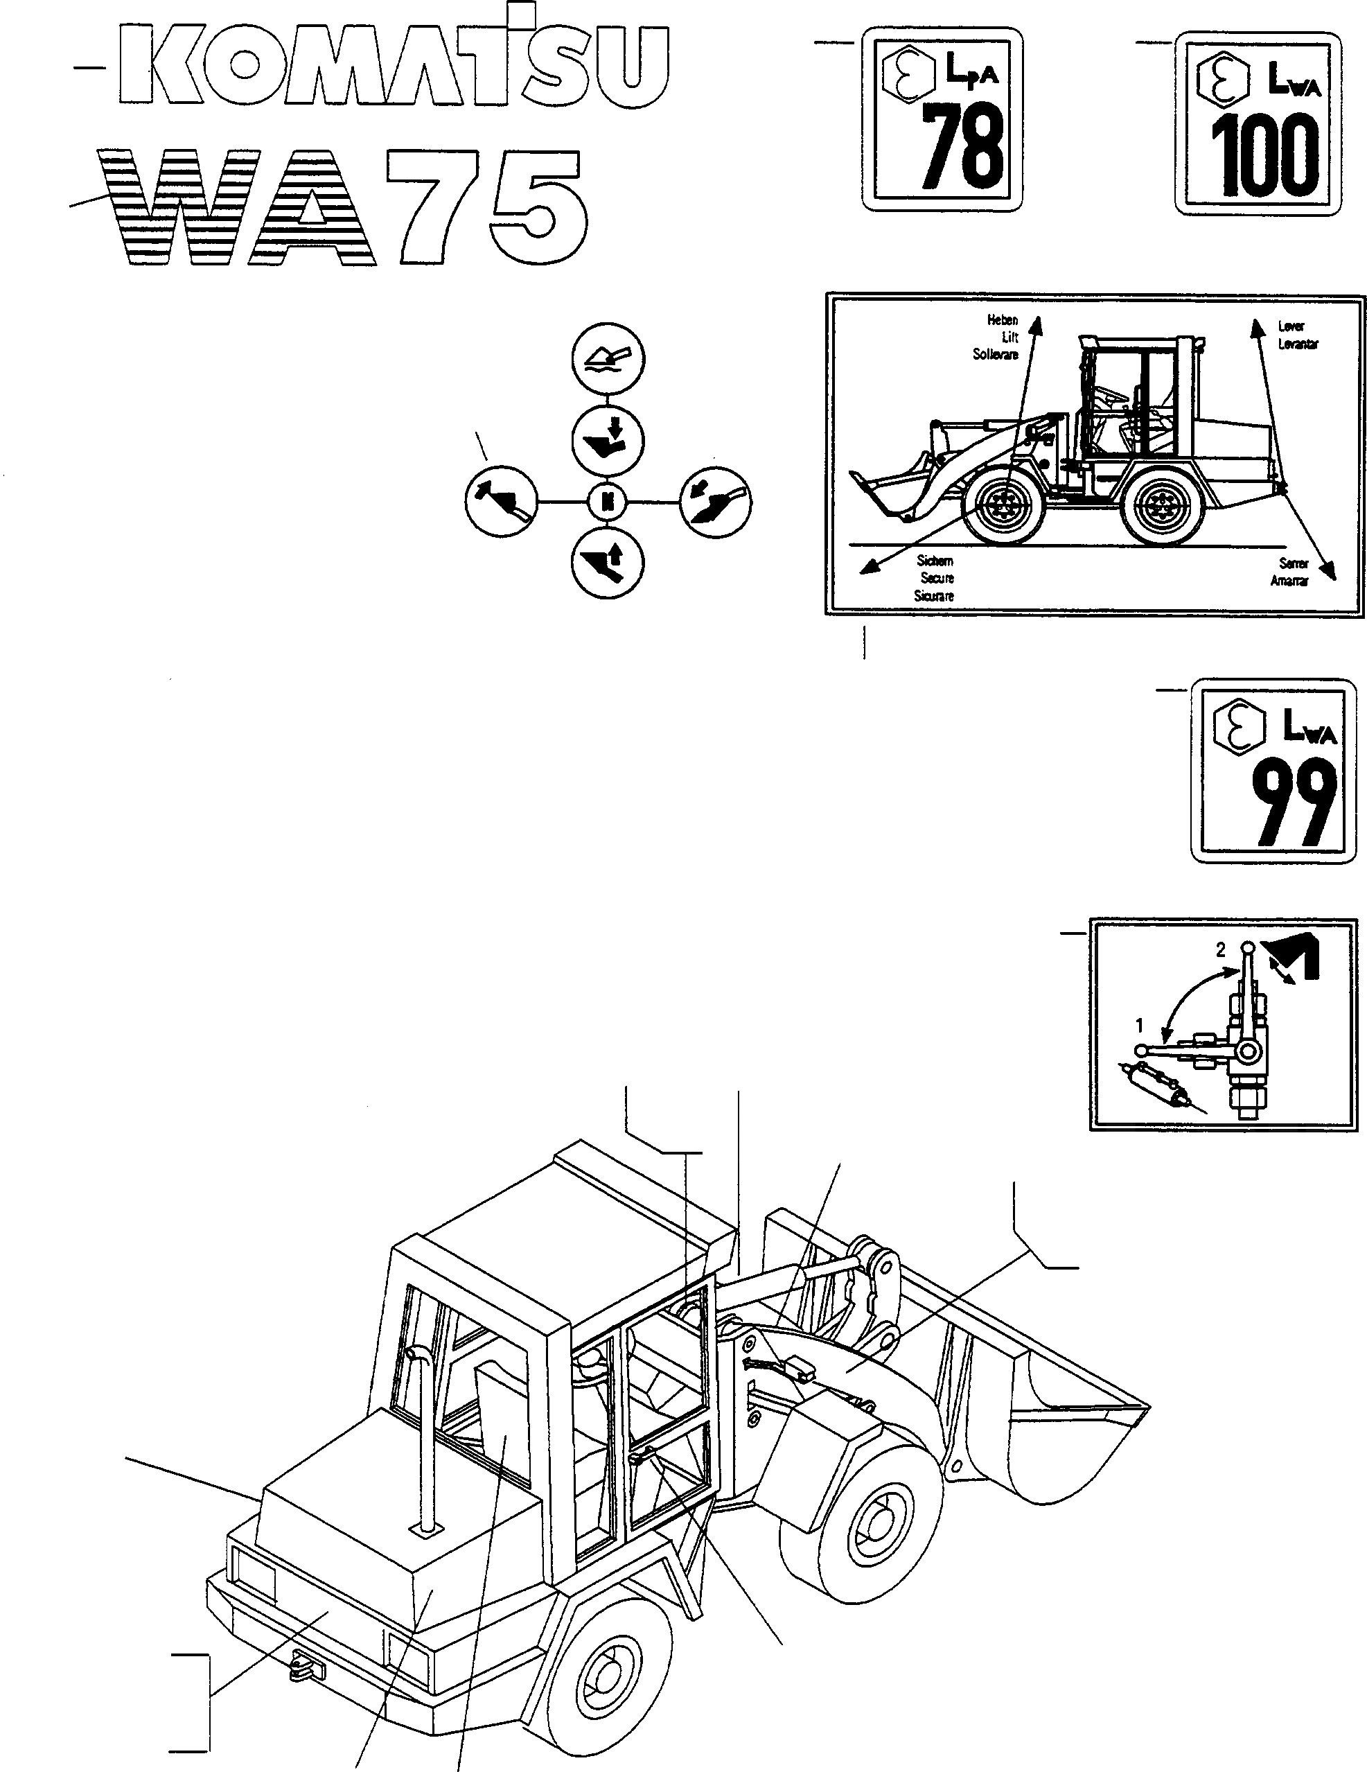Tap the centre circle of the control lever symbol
click(x=607, y=502)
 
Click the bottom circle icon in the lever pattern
click(x=607, y=561)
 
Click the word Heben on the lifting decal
click(x=1002, y=319)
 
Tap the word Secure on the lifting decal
click(x=937, y=578)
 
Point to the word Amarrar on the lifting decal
click(x=1289, y=581)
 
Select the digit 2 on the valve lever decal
click(x=1220, y=949)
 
